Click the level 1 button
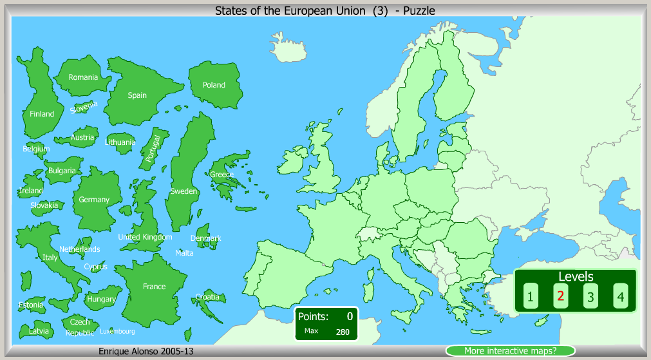pos(530,297)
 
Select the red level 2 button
pos(560,296)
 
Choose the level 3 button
pos(590,297)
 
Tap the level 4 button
pos(620,297)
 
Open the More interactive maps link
pos(510,351)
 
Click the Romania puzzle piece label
pos(83,77)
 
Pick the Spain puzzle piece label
pos(137,95)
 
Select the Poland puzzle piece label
pos(214,85)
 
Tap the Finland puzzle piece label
pos(42,114)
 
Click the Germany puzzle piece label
pos(94,200)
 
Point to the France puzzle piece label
pos(154,287)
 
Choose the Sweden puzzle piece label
pos(184,191)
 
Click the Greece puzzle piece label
pos(222,175)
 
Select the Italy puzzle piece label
pos(50,258)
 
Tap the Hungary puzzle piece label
pos(101,299)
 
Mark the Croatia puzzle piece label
pos(207,297)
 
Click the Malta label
pos(184,253)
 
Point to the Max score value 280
pos(343,332)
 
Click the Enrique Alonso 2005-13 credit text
pos(146,351)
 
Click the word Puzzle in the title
pos(419,10)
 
